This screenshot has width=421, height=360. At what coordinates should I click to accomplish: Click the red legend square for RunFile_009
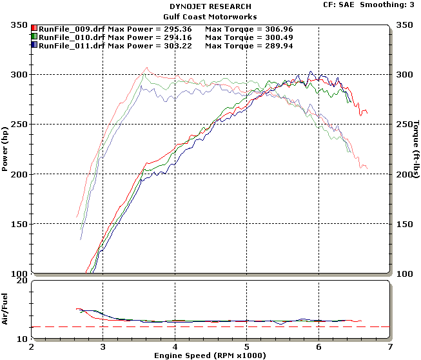pos(35,29)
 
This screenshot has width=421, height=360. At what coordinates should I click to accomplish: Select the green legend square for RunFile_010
pos(35,37)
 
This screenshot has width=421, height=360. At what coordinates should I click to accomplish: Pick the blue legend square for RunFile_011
pos(35,46)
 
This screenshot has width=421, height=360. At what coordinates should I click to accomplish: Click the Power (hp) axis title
pos(5,149)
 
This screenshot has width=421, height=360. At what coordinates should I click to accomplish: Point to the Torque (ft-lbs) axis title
pos(416,149)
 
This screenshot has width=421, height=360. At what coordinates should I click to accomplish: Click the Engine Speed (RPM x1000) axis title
pos(210,355)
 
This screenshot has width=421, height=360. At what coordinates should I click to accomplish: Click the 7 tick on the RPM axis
pos(390,346)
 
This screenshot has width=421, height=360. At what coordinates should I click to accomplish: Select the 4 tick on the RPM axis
pos(175,346)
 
